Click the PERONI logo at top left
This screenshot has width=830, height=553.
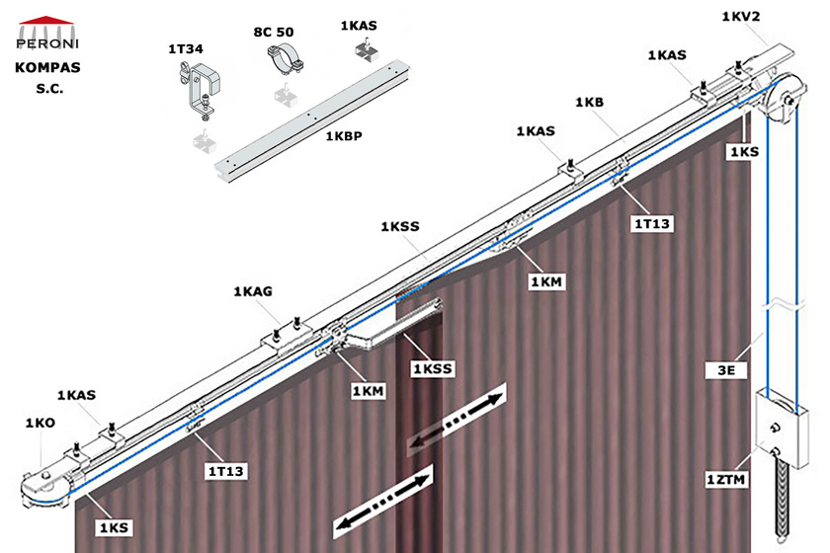pos(47,34)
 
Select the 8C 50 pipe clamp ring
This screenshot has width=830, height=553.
pos(285,59)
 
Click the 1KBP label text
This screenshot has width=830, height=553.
pos(344,136)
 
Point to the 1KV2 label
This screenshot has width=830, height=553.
pos(741,17)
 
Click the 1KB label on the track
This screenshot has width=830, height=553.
pos(589,102)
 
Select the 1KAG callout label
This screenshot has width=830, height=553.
pos(253,291)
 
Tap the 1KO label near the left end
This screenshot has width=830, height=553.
pos(41,423)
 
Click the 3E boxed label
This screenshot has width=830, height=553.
pos(726,370)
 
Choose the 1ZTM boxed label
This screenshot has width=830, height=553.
pos(726,480)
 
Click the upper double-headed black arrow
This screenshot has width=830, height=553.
pos(456,422)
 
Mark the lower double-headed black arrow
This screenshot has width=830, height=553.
pos(383,502)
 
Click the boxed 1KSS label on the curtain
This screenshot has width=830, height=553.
pos(433,369)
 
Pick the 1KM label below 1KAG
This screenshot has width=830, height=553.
pos(369,391)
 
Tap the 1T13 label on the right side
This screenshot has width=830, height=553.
pos(652,224)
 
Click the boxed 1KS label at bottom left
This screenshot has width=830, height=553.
pos(114,527)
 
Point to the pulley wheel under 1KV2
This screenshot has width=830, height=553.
pos(788,100)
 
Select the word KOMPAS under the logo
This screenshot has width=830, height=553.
pos(47,68)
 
